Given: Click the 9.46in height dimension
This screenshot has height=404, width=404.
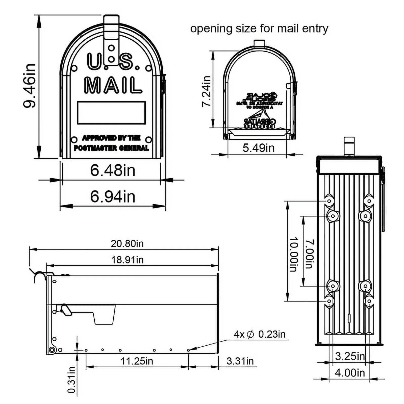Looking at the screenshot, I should (x=30, y=86).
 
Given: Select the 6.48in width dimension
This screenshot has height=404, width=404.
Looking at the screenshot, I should (x=113, y=170).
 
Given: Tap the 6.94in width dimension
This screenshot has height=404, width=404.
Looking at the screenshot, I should (x=113, y=197).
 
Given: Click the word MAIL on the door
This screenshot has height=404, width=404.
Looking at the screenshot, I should (x=113, y=85).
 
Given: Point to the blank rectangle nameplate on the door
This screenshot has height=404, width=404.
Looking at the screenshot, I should (x=111, y=113).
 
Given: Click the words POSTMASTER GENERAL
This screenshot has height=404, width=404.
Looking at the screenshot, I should (x=111, y=148).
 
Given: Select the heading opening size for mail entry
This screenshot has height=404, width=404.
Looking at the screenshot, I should (x=259, y=29).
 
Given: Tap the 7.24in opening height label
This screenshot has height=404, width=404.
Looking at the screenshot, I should (x=206, y=91).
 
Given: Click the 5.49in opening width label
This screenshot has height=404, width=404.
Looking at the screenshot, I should (x=258, y=148).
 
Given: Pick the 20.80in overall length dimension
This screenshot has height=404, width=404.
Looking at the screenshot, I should (x=127, y=244).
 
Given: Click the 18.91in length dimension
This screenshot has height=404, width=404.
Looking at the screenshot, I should (x=127, y=260).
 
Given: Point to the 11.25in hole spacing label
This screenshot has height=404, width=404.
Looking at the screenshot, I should (x=137, y=361).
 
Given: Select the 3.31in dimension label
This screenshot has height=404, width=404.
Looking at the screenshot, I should (x=240, y=361).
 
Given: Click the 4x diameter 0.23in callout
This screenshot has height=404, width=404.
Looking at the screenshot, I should (x=259, y=334).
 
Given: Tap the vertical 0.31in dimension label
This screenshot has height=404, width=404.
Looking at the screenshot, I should (x=72, y=380).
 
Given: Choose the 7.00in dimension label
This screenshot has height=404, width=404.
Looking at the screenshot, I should (x=309, y=254).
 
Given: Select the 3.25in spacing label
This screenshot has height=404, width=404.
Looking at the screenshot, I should (x=350, y=356).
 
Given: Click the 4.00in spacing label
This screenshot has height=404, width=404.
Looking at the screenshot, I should (x=350, y=373).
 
